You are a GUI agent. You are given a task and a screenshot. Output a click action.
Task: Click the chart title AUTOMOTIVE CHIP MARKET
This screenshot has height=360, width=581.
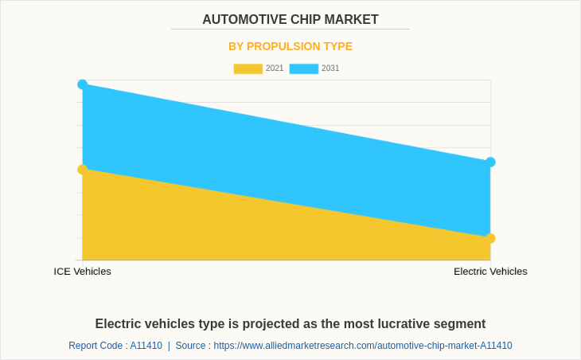pos(290,20)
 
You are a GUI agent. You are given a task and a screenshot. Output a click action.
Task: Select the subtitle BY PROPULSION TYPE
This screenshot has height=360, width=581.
pos(290,46)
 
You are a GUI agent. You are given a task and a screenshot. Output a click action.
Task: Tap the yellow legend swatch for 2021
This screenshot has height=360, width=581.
pos(248,68)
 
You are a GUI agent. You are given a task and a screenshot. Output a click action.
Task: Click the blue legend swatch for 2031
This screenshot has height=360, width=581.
pos(303,68)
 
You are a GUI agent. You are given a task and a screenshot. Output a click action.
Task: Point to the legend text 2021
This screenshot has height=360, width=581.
pos(275,68)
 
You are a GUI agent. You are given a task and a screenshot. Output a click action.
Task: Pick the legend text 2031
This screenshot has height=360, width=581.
pos(330,68)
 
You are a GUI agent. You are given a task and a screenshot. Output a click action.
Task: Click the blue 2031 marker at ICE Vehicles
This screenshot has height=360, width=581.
pos(83,84)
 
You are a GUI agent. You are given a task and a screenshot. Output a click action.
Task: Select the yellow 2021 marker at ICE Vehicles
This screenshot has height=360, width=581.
pos(83,170)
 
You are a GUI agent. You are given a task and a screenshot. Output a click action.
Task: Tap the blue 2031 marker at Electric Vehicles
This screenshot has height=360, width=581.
pos(490,162)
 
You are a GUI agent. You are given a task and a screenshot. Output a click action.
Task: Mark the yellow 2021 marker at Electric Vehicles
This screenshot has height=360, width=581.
pos(490,238)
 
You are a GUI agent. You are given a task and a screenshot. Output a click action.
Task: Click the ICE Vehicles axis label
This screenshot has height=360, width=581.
pos(83,272)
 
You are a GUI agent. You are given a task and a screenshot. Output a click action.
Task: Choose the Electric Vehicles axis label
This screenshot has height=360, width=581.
pos(490,272)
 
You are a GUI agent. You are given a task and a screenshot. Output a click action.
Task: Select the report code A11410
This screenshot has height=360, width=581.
pos(146,346)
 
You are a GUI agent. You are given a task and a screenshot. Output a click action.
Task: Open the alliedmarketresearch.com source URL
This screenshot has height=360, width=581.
pos(363,346)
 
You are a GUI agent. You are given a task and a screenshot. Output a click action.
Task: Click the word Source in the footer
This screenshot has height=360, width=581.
pos(190,346)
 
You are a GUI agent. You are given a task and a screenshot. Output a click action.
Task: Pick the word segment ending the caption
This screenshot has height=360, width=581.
pos(458,324)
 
